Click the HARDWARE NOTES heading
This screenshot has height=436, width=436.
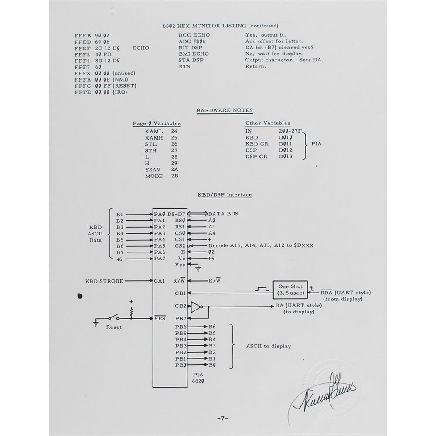[x=224, y=110]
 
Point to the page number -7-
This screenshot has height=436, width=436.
[x=223, y=419]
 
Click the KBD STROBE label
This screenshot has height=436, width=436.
[x=104, y=281]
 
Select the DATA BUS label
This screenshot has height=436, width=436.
[x=223, y=214]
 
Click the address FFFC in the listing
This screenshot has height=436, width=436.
[x=82, y=86]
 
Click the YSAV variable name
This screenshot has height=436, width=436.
[x=154, y=170]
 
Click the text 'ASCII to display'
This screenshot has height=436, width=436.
[x=268, y=346]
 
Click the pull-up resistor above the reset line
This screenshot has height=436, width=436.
[x=131, y=311]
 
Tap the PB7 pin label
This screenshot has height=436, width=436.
[x=181, y=319]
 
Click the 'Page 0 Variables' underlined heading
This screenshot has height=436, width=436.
[x=157, y=124]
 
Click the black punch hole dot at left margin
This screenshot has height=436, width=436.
[x=79, y=296]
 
